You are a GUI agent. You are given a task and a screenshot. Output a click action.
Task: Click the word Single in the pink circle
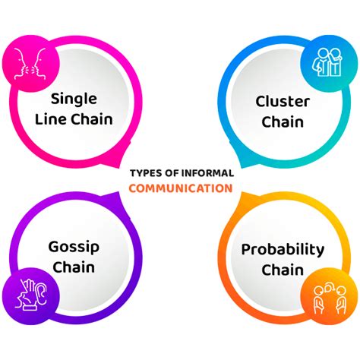point(74,99)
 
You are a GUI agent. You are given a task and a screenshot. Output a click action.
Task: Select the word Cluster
point(283,102)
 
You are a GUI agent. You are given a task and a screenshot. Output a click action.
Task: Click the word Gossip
point(74,248)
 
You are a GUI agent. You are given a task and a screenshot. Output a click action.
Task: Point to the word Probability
point(283,250)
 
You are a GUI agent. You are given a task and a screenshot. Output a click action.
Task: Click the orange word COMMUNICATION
point(181,188)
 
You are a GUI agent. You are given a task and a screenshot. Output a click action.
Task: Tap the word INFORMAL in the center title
point(207,173)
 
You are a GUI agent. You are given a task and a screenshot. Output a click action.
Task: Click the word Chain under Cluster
point(283,122)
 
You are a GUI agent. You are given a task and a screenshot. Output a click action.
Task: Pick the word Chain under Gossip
point(74,267)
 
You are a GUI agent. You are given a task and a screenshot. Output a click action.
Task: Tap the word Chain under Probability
point(283,270)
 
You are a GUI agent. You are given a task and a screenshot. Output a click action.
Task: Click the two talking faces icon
point(30,64)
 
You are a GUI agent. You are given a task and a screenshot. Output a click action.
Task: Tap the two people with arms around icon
point(327,62)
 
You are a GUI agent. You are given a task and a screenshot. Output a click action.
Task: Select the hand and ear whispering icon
point(31,295)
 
